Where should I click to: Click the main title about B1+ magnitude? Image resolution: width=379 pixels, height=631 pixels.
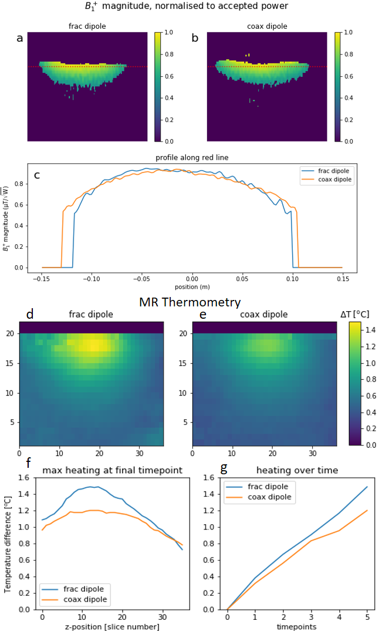[x=189, y=7]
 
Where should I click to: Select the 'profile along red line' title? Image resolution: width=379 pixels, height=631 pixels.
[x=191, y=157]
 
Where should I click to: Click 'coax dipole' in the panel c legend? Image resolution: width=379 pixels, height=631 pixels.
[x=334, y=180]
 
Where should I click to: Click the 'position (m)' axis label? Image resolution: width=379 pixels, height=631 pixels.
[x=192, y=286]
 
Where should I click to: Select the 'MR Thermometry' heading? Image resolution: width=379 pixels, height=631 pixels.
[x=189, y=302]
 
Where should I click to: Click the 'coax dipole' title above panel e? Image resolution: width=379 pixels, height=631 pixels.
[x=264, y=315]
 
